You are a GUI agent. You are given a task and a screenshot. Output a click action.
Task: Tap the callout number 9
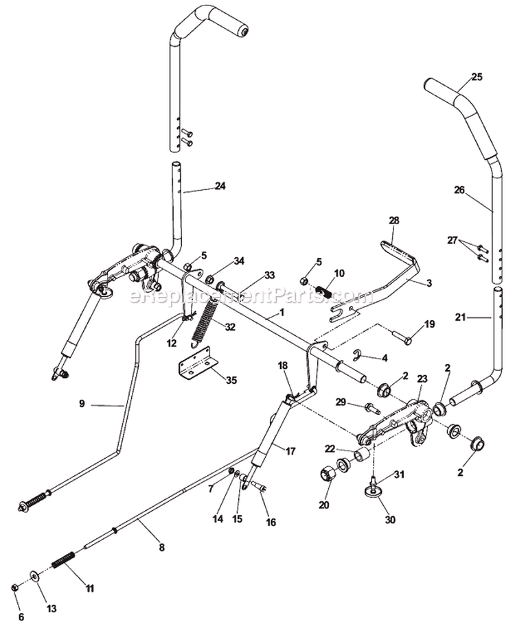click(82, 404)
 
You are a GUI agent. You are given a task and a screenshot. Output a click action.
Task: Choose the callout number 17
click(291, 450)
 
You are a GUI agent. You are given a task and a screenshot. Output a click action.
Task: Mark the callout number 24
click(220, 186)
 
